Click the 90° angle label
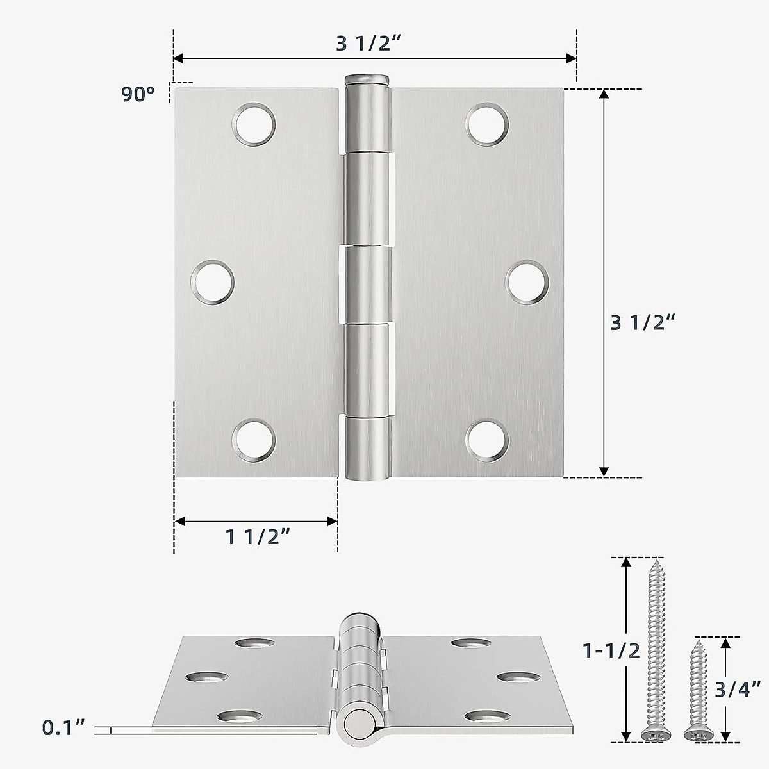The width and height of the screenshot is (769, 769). click(x=138, y=94)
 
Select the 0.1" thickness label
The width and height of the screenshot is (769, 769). click(x=63, y=727)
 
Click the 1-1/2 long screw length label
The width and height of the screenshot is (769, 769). click(x=611, y=651)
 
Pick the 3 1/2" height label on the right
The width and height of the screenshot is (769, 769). click(x=643, y=322)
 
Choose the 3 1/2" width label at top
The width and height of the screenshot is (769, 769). click(x=368, y=43)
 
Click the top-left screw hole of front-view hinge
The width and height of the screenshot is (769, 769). click(x=254, y=124)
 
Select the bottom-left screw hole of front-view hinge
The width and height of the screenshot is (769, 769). click(x=253, y=440)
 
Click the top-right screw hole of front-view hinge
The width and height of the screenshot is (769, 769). click(x=487, y=124)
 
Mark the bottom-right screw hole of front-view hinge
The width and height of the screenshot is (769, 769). click(x=487, y=440)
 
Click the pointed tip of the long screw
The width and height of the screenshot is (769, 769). click(x=657, y=562)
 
